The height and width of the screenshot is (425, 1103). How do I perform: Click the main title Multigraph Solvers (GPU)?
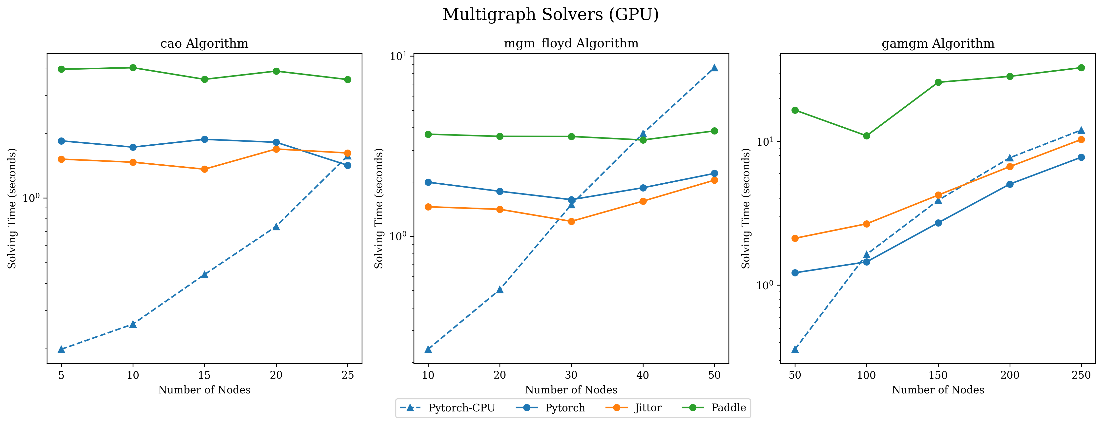551,15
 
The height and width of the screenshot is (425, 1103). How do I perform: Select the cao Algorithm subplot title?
204,44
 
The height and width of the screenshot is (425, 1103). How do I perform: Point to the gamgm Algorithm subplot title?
938,44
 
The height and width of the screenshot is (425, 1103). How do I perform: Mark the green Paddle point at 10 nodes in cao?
133,68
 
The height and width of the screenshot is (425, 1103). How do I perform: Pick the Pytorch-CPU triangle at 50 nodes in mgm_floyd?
714,68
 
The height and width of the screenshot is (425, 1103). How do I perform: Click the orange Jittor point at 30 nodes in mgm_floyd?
571,221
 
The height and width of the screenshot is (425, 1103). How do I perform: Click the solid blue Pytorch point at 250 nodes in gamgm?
1081,157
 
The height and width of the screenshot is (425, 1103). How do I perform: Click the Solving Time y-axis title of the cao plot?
12,209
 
